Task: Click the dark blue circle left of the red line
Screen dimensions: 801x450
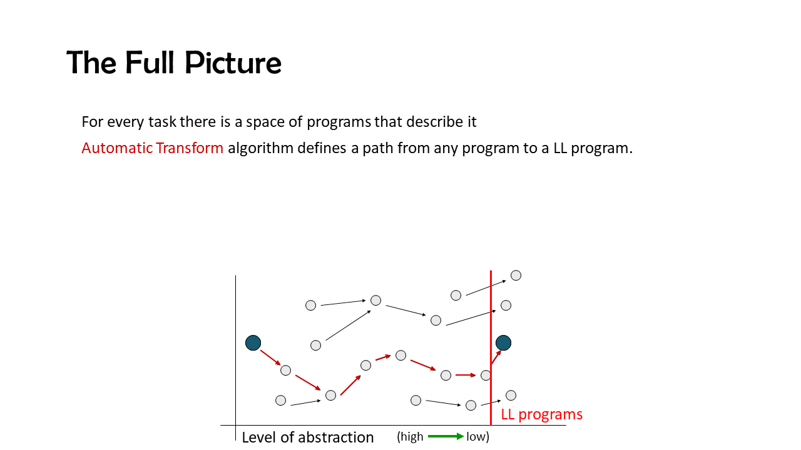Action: point(253,343)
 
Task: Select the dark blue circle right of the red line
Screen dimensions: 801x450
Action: point(504,343)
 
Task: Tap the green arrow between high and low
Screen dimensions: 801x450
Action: point(446,436)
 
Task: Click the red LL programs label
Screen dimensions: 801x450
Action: point(542,414)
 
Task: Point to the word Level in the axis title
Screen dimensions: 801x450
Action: point(259,437)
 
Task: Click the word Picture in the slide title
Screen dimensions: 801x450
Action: point(233,63)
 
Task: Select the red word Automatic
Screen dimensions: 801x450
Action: point(117,148)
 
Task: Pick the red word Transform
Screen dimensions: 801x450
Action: point(190,148)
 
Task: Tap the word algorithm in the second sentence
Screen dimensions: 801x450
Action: point(261,149)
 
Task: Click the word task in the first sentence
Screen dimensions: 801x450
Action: point(162,122)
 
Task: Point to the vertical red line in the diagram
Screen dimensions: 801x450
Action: point(491,348)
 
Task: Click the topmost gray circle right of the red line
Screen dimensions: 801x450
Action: point(516,276)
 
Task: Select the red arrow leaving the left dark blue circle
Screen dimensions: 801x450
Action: point(270,358)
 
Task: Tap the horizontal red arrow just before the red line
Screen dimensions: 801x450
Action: point(466,375)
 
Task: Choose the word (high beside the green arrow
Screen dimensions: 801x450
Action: point(410,436)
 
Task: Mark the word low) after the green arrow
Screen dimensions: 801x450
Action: point(477,436)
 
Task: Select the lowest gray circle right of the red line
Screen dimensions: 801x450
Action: point(511,396)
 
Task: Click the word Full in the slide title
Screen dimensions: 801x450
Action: point(150,63)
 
